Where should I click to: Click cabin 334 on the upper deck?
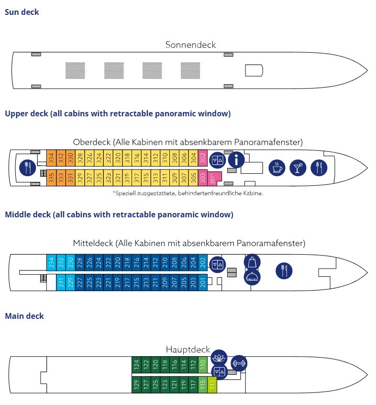click(x=51, y=158)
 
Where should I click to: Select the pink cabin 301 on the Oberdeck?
click(x=212, y=179)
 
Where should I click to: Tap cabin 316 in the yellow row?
click(x=136, y=158)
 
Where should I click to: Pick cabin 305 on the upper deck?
click(x=193, y=178)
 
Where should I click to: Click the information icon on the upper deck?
click(x=236, y=159)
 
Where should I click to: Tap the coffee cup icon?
click(x=277, y=168)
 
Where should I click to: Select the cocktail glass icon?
click(x=298, y=168)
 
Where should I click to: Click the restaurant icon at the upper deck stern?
click(x=28, y=168)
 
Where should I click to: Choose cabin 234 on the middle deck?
click(x=51, y=262)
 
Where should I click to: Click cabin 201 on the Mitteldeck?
click(x=203, y=282)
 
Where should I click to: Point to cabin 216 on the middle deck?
click(x=136, y=262)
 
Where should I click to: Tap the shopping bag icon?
click(x=252, y=262)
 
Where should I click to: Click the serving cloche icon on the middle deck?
click(x=252, y=277)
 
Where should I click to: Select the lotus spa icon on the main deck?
click(x=219, y=358)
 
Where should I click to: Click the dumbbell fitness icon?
click(x=239, y=363)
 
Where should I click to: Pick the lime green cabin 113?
click(x=212, y=385)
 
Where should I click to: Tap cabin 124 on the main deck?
click(x=136, y=364)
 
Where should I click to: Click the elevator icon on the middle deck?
click(x=218, y=264)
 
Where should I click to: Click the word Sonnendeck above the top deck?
click(x=190, y=45)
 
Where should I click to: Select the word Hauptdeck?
click(x=188, y=349)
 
